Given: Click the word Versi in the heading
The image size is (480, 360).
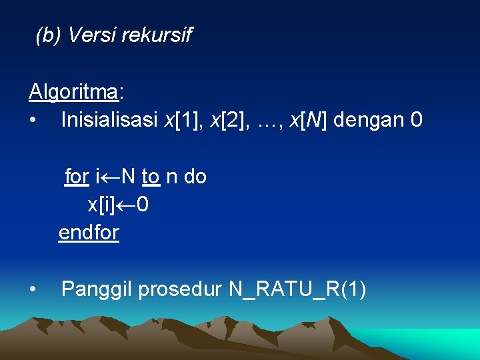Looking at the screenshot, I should [90, 35].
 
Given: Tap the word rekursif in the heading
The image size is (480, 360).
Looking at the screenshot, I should [156, 35].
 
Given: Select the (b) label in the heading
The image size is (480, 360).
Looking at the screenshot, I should [48, 35].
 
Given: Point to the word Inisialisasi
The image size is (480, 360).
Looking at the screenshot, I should [109, 120].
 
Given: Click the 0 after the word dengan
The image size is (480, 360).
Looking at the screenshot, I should [417, 120].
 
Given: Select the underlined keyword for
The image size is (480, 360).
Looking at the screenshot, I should [77, 177].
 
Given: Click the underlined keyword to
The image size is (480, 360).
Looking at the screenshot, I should [151, 177].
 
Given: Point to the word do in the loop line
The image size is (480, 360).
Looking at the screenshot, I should [195, 177].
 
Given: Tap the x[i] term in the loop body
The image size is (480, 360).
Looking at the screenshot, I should [101, 205].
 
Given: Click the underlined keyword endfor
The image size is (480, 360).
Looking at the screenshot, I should [89, 233].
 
